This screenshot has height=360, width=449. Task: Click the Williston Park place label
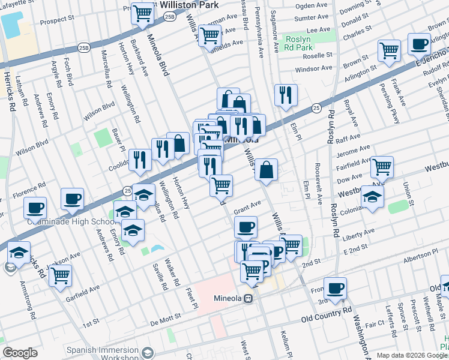tap(191, 5)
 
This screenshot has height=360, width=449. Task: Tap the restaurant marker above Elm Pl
tap(286, 94)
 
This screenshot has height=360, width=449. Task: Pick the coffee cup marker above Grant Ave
tap(246, 227)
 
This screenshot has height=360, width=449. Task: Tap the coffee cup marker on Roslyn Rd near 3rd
tap(335, 287)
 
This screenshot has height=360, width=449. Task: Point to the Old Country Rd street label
tap(326, 313)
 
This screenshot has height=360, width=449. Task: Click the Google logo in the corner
tap(20, 353)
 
